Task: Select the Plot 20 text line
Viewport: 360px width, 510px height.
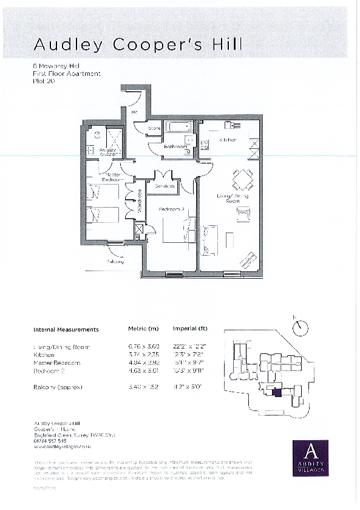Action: (43, 80)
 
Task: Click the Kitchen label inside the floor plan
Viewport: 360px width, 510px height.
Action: (227, 140)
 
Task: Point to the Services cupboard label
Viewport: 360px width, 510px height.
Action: (165, 186)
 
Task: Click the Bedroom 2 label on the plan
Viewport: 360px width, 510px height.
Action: (171, 209)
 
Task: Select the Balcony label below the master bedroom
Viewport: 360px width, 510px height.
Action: (115, 262)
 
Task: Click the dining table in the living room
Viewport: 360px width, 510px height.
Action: (242, 179)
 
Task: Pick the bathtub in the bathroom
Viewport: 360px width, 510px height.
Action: (179, 128)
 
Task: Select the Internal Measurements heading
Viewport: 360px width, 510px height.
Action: (66, 330)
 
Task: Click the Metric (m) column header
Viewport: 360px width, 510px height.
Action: (143, 330)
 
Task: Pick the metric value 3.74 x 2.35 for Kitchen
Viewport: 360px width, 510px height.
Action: (143, 355)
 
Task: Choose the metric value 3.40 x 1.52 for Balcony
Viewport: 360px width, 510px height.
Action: (143, 386)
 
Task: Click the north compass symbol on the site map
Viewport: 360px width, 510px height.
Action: (299, 327)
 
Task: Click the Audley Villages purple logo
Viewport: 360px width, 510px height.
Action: (310, 458)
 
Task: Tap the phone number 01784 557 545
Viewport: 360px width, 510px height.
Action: (50, 441)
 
